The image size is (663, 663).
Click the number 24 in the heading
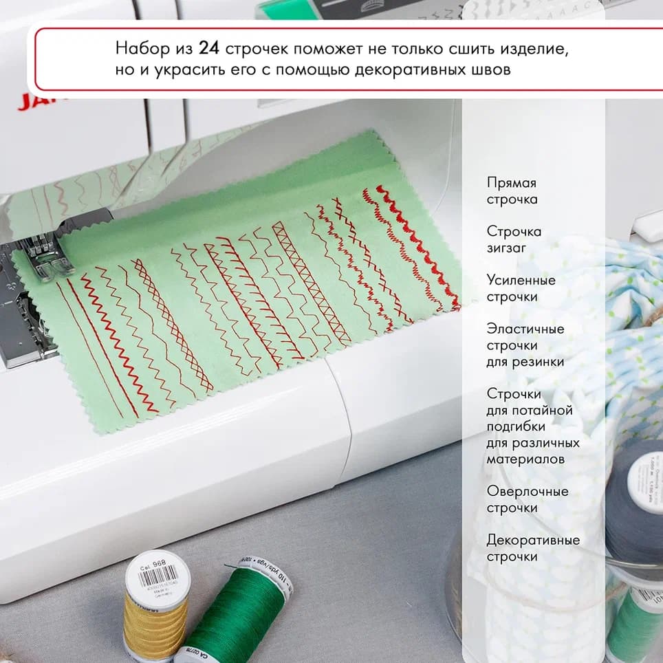206,50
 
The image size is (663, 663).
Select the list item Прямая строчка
512,191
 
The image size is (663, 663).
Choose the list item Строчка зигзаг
514,239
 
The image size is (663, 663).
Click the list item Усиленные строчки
521,288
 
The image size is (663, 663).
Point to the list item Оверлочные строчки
528,499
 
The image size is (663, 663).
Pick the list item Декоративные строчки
533,548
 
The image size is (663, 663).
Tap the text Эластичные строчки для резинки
525,345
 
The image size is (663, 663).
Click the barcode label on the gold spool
157,575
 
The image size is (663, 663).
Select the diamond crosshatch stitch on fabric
172,323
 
